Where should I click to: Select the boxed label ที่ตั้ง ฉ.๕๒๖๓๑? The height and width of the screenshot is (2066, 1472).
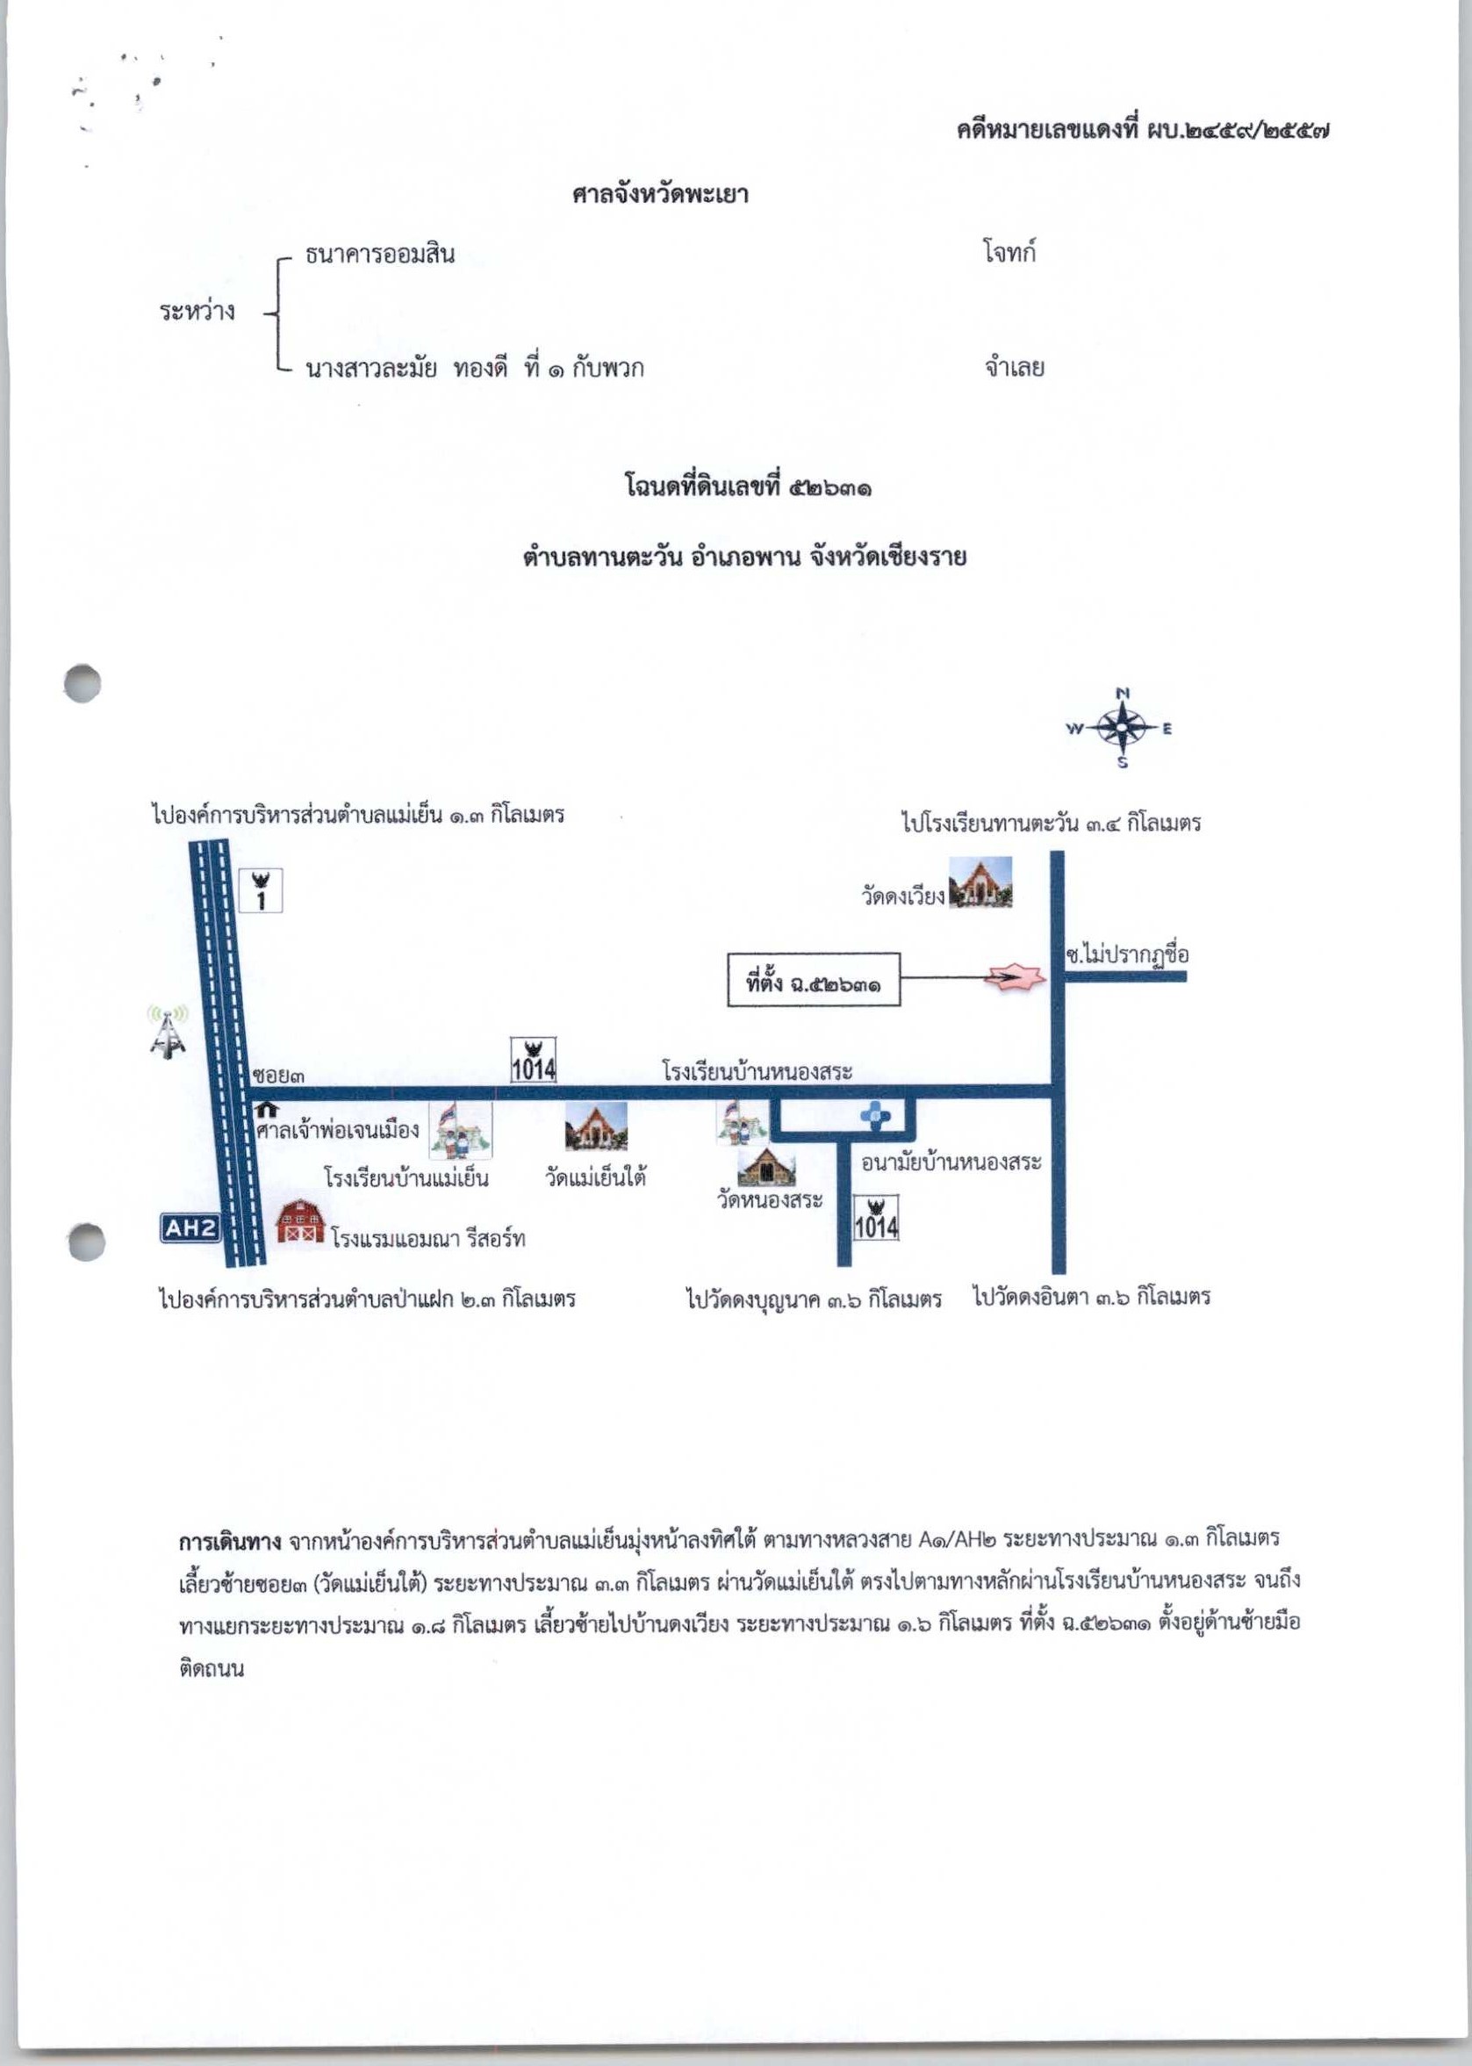814,979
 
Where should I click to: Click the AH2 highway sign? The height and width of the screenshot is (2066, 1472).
191,1228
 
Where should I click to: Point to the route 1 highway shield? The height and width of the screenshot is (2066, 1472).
261,890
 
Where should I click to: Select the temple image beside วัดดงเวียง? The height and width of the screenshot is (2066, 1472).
980,882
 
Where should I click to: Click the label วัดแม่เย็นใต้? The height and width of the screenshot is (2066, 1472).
595,1178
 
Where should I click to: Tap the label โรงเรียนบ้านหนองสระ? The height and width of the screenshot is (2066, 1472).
758,1071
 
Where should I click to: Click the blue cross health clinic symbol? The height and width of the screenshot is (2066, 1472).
876,1114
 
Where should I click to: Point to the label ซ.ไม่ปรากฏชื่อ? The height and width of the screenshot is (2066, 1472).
1127,954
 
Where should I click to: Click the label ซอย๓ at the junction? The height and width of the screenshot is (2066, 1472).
279,1076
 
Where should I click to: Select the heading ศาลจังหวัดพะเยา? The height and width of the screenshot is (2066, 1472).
660,194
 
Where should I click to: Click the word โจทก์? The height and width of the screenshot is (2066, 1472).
1009,252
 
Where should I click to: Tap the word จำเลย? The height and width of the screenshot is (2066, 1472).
1015,367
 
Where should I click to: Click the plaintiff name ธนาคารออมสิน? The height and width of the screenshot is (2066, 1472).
380,255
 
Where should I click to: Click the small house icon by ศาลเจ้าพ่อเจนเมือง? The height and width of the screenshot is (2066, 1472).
267,1109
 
